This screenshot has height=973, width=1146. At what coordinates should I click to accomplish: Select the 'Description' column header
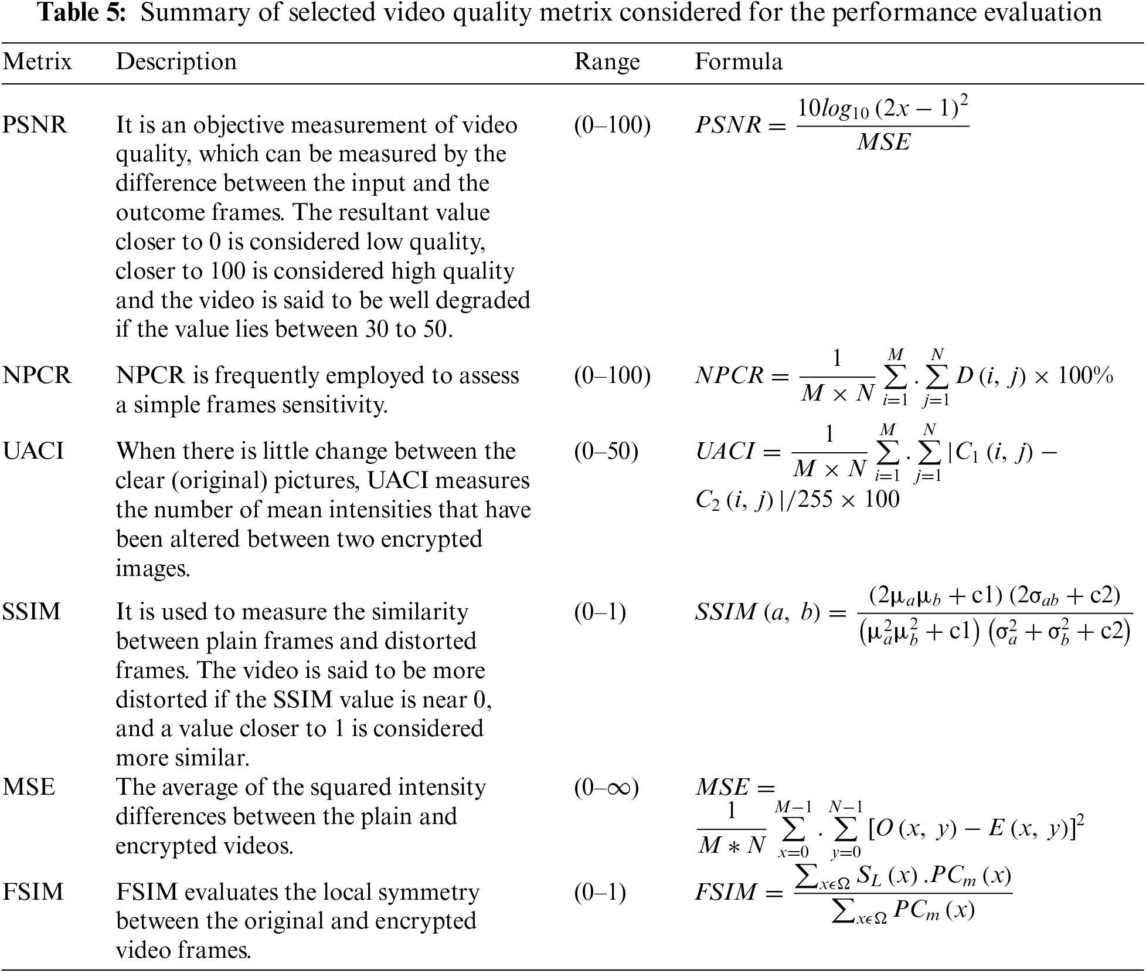click(x=176, y=62)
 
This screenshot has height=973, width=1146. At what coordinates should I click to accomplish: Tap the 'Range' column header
click(x=607, y=62)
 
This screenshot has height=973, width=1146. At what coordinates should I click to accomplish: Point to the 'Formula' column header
click(x=739, y=62)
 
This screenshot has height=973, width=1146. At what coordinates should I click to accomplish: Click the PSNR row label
click(x=35, y=125)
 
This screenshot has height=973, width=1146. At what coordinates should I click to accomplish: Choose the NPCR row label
click(x=36, y=375)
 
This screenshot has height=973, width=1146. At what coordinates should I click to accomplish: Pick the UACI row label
click(x=33, y=451)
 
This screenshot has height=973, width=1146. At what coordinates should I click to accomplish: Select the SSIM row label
click(x=32, y=612)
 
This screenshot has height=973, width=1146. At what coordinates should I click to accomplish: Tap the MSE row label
click(x=29, y=787)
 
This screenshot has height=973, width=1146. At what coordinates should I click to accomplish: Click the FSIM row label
click(x=33, y=892)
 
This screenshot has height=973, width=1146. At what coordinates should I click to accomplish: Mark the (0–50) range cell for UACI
click(x=606, y=451)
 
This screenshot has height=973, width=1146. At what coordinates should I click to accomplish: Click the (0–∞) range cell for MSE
click(x=606, y=787)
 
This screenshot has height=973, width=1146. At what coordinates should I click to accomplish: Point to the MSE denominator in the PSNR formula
click(x=883, y=143)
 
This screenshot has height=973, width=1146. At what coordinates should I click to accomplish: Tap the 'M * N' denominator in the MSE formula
click(x=732, y=845)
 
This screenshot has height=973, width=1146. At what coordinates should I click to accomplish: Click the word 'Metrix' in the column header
click(x=37, y=62)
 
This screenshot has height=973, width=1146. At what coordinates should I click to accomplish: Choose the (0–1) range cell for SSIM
click(x=600, y=612)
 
